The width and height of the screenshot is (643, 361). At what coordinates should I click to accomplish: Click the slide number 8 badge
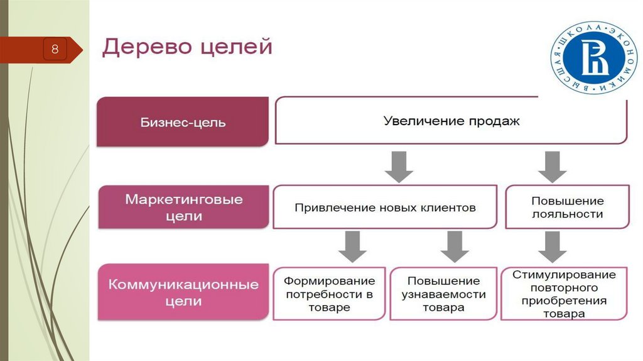pos(55,50)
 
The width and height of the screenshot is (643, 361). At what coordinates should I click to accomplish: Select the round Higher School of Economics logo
pos(594,57)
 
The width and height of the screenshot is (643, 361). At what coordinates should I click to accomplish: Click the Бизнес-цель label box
pos(183,121)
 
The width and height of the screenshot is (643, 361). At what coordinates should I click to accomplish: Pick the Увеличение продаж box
pos(451,121)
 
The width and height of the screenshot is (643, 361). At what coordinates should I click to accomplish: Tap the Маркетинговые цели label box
pos(184,207)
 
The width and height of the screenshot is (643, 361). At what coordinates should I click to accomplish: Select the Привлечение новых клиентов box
pos(385,207)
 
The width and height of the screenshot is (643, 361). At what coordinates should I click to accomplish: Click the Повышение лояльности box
pos(568,207)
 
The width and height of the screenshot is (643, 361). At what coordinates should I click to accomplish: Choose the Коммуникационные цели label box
pos(183,292)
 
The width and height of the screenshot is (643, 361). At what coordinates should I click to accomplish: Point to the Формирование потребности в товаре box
pos(329,294)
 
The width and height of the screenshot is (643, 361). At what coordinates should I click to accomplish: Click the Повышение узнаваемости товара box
pos(444,294)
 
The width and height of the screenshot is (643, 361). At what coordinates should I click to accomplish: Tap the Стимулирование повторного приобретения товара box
pos(565,294)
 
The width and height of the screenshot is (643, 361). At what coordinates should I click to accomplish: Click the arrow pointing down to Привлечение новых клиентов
pos(399,167)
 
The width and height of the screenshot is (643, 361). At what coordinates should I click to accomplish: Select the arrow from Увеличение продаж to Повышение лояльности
pos(553,167)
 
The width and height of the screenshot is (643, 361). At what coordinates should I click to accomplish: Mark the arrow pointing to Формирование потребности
pos(352,247)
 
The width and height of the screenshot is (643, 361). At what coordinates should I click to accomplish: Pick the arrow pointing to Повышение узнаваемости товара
pos(455,247)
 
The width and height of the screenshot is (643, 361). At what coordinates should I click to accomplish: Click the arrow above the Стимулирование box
pos(553,247)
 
